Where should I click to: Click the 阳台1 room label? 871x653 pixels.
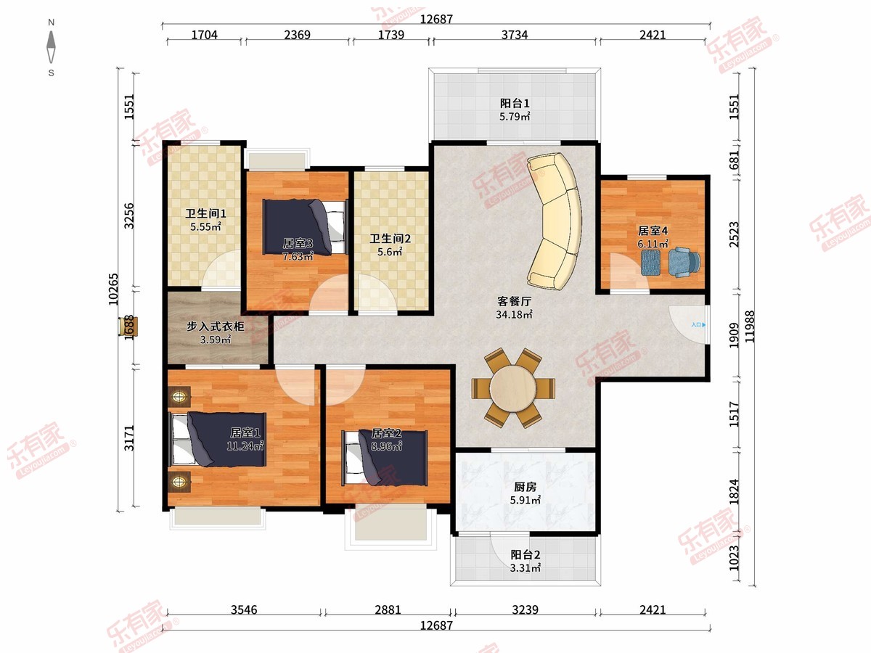point(515,104)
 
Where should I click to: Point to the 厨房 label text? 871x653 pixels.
point(525,486)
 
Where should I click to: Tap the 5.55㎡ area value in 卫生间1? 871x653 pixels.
point(205,227)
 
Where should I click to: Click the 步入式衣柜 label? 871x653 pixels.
point(216,326)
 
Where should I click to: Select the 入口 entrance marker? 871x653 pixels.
point(698,325)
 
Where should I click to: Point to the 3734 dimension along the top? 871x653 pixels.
point(515,35)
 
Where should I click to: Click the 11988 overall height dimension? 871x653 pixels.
point(750,326)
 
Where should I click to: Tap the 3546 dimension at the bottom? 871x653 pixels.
point(244,609)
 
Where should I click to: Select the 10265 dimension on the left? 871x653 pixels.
point(113,289)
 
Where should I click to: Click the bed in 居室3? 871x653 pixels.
point(305,228)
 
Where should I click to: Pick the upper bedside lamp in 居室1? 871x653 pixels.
point(179,396)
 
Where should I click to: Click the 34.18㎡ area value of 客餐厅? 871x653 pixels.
point(515,314)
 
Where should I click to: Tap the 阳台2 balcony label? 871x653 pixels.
point(525,554)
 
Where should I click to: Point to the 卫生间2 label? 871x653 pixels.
point(390,239)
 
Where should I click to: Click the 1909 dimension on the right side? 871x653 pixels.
point(734,335)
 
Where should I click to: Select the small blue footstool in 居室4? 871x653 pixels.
point(651,262)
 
